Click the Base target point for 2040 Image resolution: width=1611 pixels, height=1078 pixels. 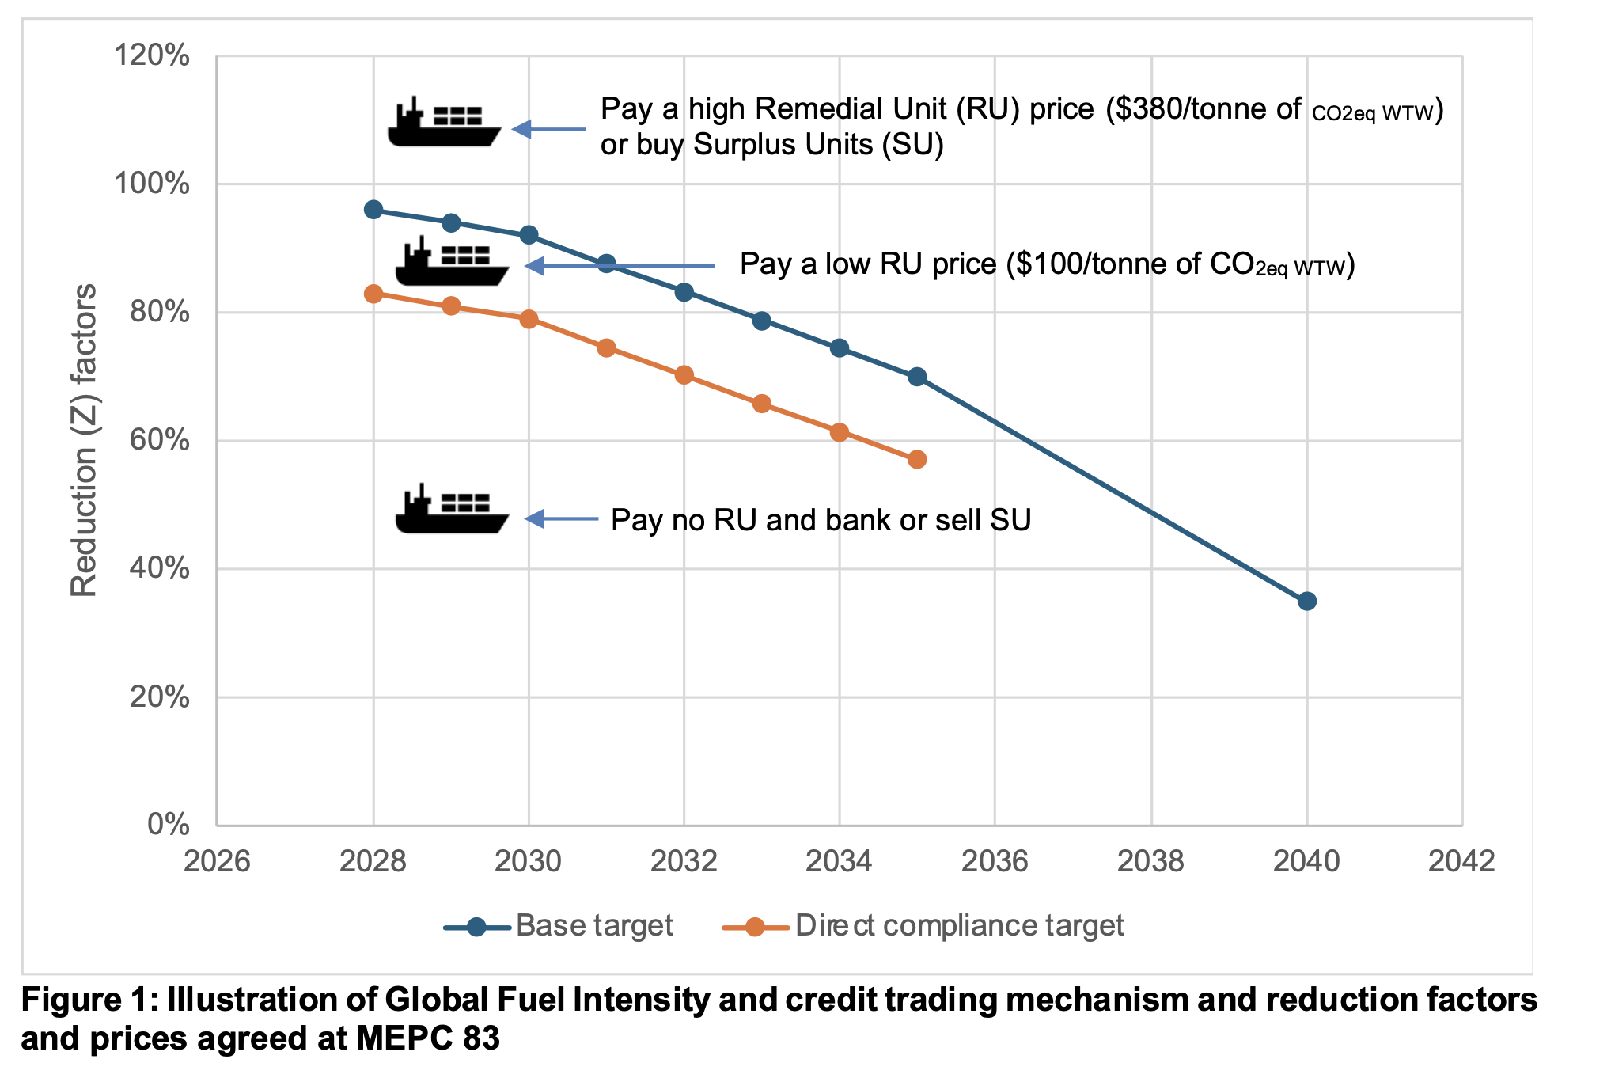pos(1306,602)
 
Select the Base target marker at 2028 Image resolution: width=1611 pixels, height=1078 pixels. pos(373,210)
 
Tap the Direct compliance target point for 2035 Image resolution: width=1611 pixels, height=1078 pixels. pos(917,460)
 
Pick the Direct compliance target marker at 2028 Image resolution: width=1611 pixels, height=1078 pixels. pos(373,294)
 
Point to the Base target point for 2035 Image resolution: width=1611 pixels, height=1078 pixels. pos(917,377)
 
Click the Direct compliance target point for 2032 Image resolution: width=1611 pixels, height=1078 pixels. pos(684,375)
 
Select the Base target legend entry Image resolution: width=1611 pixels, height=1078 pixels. pos(559,926)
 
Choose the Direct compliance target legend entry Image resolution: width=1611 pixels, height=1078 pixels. pos(923,926)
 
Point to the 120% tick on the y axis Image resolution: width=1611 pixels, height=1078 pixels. pos(152,56)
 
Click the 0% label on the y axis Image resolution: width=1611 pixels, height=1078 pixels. pos(168,825)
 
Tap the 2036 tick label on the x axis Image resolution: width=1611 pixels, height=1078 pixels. pos(995,861)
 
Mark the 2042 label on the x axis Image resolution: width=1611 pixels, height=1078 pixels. pos(1461,861)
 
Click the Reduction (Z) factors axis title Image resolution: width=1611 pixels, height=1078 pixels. pos(84,440)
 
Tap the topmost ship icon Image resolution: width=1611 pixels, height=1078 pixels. pos(444,123)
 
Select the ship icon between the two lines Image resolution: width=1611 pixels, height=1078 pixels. pos(451,262)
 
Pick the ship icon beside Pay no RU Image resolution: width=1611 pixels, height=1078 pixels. pos(451,510)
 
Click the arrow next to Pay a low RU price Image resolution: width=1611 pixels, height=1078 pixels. pos(620,266)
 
